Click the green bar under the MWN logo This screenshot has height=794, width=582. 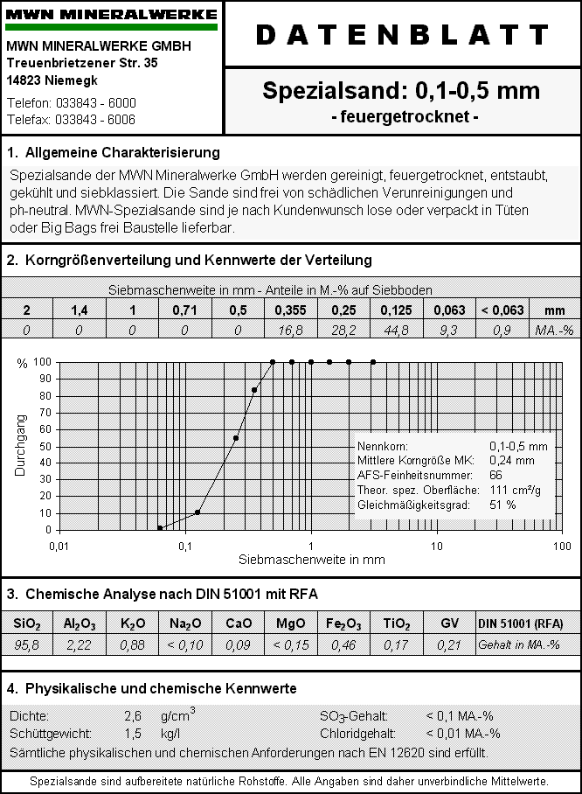coord(111,28)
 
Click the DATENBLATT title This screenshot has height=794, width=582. coord(403,35)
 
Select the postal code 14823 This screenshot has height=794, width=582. coord(26,80)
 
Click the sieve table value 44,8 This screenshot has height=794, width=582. coord(396,330)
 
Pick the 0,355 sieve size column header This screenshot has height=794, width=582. coord(290,310)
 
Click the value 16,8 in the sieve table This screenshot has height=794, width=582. coord(290,330)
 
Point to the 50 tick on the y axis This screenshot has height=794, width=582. coord(45,446)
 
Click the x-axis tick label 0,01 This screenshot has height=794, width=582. coord(59,546)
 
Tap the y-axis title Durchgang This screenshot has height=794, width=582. coord(20,445)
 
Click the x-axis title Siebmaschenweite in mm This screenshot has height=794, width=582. coord(300,559)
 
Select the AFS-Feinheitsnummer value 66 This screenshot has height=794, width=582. coord(495,474)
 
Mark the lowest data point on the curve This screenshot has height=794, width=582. coord(160,527)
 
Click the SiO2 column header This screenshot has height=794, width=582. coord(27,623)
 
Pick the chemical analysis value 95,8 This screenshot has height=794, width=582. coord(27,644)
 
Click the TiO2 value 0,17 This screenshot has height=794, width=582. coord(396,644)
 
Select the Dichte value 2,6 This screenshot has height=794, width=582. coord(133,716)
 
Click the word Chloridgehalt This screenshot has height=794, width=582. coord(357,734)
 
